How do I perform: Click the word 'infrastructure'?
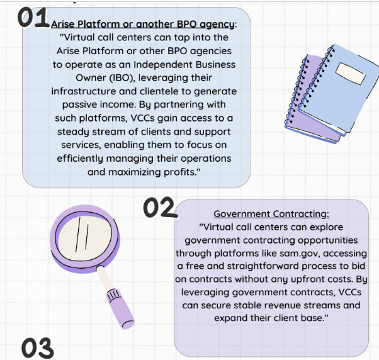[82, 91]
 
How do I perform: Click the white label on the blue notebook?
[351, 77]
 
